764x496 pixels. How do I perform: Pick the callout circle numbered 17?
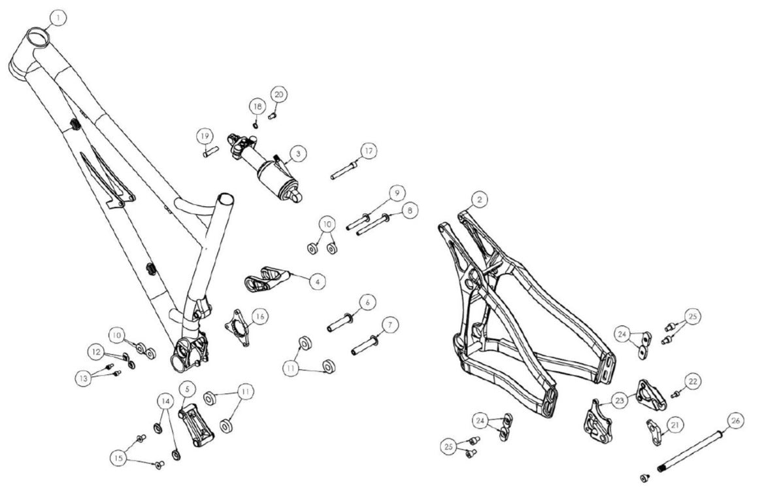pyautogui.click(x=369, y=151)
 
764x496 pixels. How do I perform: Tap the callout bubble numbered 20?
pyautogui.click(x=279, y=94)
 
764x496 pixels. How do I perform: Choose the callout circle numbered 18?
pyautogui.click(x=257, y=106)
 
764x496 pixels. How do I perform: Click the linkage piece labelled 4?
pyautogui.click(x=265, y=278)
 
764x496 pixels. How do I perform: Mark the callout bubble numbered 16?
pyautogui.click(x=260, y=316)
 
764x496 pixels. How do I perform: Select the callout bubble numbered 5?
pyautogui.click(x=187, y=389)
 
